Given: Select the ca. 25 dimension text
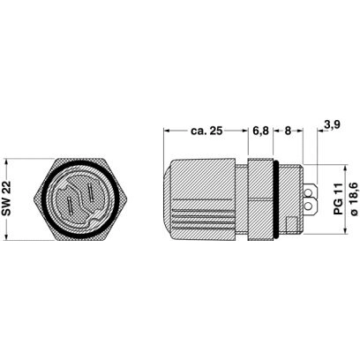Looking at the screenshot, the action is click(x=206, y=131).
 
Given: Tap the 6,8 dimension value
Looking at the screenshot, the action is click(x=260, y=131).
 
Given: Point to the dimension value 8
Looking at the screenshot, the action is click(x=288, y=131).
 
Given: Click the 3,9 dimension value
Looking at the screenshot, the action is click(x=332, y=124).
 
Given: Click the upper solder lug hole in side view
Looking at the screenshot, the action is click(x=309, y=193).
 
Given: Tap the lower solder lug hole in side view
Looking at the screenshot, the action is click(x=309, y=206).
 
